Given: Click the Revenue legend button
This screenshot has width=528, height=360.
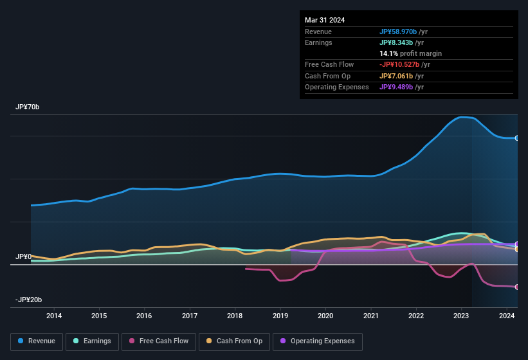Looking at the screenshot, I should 37,341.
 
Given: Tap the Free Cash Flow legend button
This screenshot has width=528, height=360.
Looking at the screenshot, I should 158,341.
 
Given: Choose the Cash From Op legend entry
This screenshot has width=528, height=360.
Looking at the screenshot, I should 235,341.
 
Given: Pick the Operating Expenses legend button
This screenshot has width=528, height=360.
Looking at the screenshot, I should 317,341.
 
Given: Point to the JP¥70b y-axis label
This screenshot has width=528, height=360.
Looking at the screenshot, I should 28,107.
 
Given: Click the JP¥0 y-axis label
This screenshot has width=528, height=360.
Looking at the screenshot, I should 23,256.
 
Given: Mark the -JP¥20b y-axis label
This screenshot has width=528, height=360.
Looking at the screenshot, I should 29,300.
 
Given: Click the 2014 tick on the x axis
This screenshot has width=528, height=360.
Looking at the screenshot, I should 54,316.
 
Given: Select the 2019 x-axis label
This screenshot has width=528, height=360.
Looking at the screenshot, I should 280,316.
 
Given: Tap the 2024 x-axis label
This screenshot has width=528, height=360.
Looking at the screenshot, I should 507,316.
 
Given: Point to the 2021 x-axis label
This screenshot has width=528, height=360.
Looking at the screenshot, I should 371,316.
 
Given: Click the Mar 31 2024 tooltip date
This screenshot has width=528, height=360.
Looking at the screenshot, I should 325,20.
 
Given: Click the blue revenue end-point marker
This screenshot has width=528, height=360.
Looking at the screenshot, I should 517,138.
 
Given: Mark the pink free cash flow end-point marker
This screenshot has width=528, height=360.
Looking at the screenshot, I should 517,287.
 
